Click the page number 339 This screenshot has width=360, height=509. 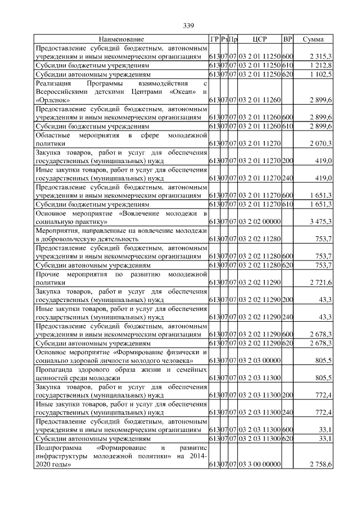[x=188, y=25]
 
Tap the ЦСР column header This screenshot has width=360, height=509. [x=260, y=39]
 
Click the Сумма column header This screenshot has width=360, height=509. [x=313, y=39]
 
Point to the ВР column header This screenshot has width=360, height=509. [x=287, y=39]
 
